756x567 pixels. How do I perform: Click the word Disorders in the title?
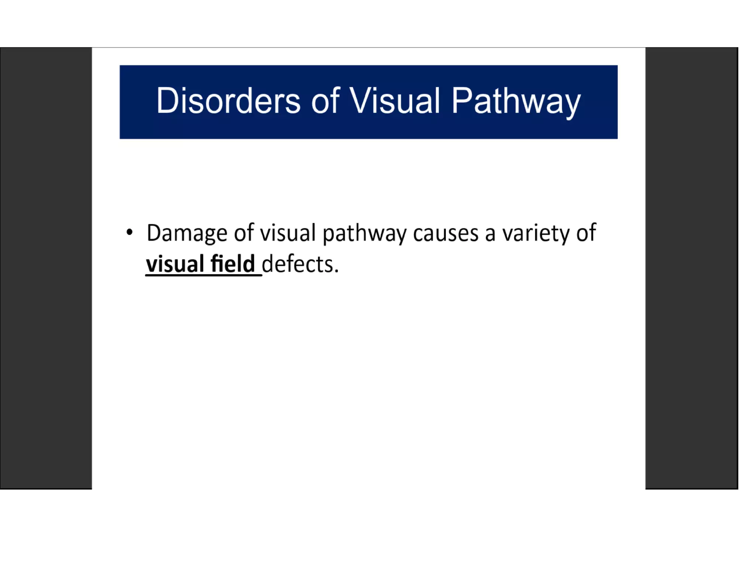click(228, 101)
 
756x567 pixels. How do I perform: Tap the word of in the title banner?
click(325, 101)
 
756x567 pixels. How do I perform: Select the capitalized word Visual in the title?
click(395, 101)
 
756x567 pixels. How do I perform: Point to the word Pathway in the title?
click(516, 102)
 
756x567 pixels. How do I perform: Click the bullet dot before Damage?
click(129, 233)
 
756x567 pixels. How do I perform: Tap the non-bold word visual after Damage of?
click(288, 233)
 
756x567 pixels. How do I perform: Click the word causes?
click(446, 234)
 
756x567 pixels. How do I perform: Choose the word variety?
click(535, 234)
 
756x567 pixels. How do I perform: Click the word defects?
click(298, 264)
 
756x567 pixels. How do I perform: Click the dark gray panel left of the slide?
click(46, 268)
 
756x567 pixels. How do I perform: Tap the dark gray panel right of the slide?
click(691, 268)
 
